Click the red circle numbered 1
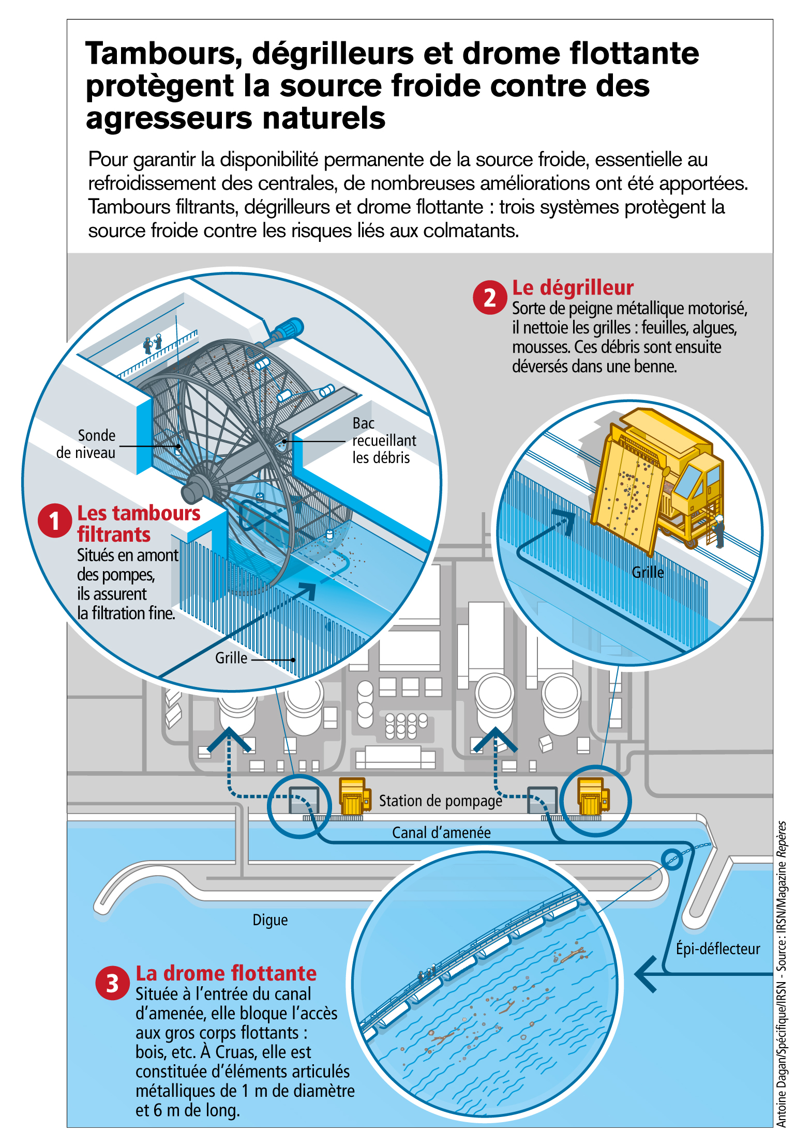(54, 521)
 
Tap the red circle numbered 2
(489, 297)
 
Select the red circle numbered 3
(112, 983)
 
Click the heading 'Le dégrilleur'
(573, 287)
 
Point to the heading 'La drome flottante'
(226, 973)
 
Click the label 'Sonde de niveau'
(86, 444)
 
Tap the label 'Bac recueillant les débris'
(384, 440)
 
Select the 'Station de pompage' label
(441, 801)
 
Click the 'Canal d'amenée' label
(441, 832)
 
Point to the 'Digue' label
(270, 920)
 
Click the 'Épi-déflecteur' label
(718, 948)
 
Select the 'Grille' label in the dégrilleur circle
(648, 572)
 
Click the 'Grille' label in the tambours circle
(231, 658)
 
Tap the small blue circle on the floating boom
(672, 859)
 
